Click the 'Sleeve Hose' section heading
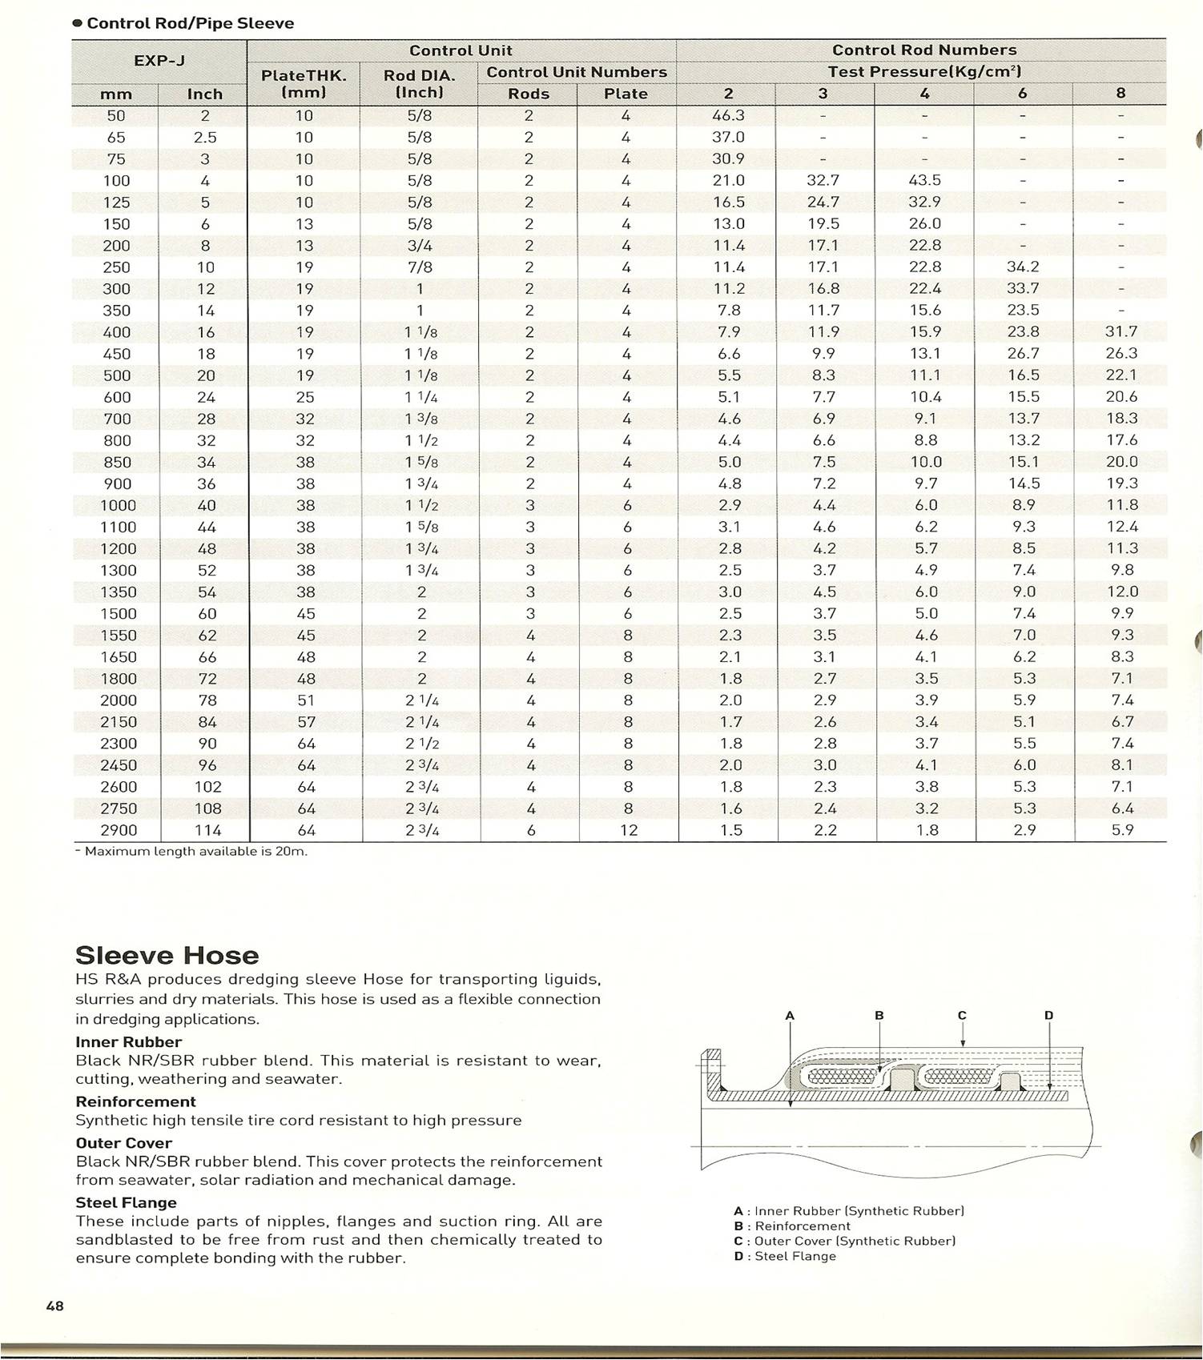coord(167,956)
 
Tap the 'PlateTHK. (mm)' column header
coord(304,84)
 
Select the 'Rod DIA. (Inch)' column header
coord(419,84)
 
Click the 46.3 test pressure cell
coord(728,116)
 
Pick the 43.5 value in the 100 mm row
coord(925,181)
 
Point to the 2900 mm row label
coord(117,830)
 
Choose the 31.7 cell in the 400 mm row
coord(1121,331)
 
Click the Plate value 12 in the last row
coord(628,830)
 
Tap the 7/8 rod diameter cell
coord(419,267)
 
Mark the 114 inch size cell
coord(207,830)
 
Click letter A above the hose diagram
coord(790,1016)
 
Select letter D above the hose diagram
coord(1049,1016)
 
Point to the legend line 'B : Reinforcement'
coord(792,1226)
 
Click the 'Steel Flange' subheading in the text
coord(126,1202)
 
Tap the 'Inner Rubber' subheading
coord(128,1042)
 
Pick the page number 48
coord(54,1306)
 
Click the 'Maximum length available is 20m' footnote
coord(192,851)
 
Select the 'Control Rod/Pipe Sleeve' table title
coord(190,23)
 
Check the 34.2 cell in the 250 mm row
coord(1023,267)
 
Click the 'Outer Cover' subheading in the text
coord(123,1143)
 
